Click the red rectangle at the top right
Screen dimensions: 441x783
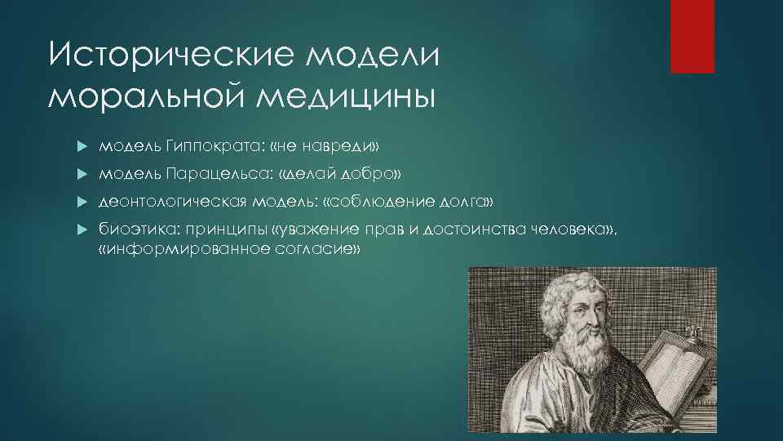tap(692, 36)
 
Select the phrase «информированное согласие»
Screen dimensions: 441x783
tap(228, 249)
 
